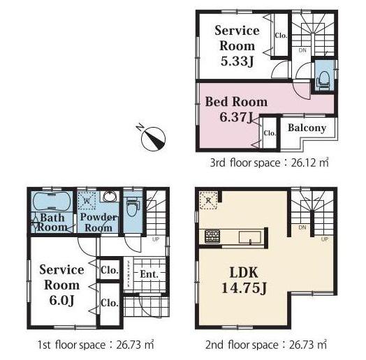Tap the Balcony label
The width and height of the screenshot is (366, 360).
(x=307, y=128)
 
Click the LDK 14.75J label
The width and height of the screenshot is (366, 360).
(x=240, y=277)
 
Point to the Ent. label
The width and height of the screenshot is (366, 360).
(x=149, y=274)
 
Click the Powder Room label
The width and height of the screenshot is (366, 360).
(x=98, y=223)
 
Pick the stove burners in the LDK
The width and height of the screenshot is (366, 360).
(x=212, y=237)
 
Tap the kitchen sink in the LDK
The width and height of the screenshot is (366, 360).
(x=249, y=237)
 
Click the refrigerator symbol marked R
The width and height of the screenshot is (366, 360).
(x=207, y=200)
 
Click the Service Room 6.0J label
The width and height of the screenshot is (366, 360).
(x=61, y=285)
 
